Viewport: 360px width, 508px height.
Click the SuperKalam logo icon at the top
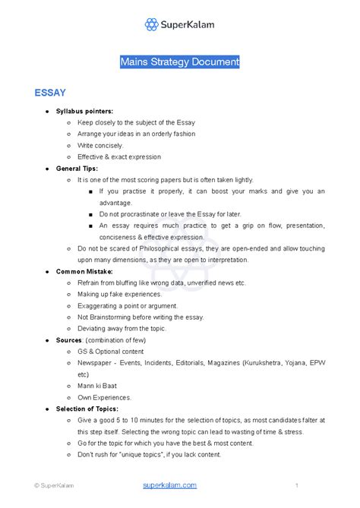(152, 24)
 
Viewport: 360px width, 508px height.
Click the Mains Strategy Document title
(179, 62)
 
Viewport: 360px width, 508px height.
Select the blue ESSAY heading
(49, 93)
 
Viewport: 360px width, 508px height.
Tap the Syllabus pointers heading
(84, 111)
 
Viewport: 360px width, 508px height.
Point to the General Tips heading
(77, 168)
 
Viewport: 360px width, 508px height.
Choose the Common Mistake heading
(84, 270)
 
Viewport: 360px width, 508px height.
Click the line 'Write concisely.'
(99, 145)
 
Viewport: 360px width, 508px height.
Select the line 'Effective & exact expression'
(118, 156)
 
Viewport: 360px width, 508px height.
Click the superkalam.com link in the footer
(169, 484)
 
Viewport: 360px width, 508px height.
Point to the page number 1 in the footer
(296, 485)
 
